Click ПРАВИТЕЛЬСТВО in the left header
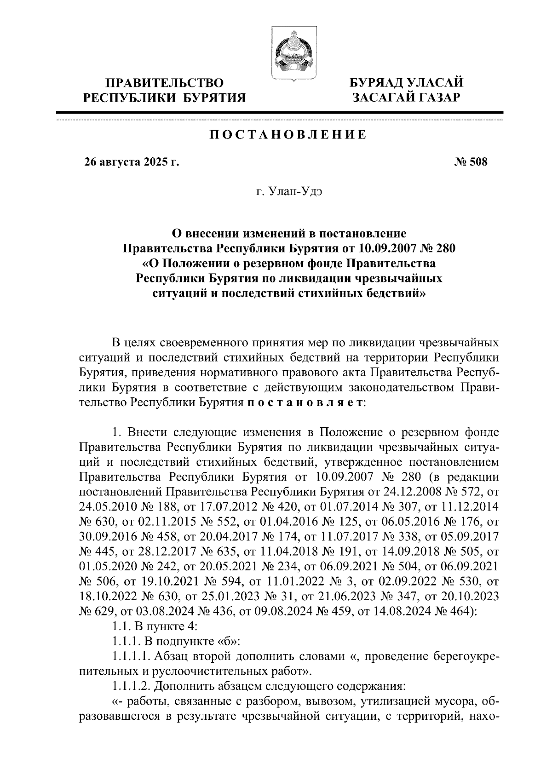coord(165,83)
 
